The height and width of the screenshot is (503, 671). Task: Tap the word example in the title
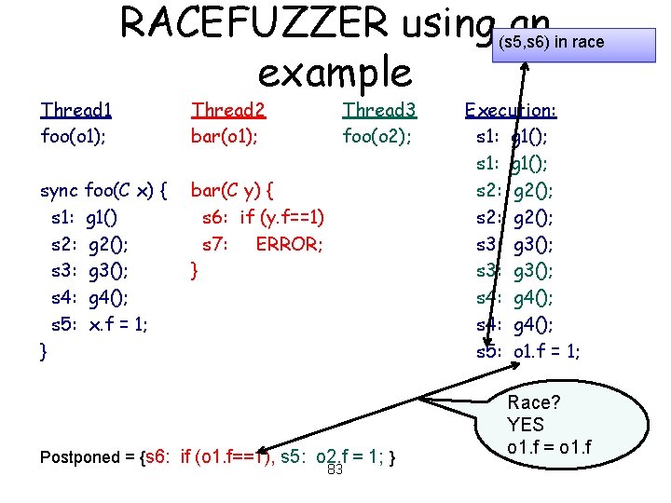(335, 72)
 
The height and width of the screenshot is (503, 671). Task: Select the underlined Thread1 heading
(76, 110)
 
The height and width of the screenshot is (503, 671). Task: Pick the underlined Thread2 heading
(228, 110)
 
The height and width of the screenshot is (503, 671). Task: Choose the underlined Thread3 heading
(379, 110)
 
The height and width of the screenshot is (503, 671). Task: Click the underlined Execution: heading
(511, 110)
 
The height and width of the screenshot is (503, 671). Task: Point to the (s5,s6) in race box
(550, 43)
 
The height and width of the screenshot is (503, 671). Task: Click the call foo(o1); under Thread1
(79, 136)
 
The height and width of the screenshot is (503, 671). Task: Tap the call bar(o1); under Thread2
(225, 136)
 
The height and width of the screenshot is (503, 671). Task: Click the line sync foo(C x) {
(103, 192)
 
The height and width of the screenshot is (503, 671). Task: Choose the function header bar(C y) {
(232, 192)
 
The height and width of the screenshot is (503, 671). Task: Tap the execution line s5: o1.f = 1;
(527, 351)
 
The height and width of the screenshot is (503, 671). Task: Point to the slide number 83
(335, 469)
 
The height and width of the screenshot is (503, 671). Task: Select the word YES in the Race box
(526, 425)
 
